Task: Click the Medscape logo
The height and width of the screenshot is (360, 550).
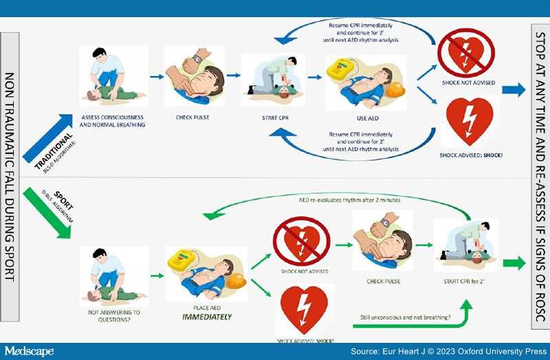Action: coord(28,351)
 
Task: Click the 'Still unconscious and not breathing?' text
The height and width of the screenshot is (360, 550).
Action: coord(406,317)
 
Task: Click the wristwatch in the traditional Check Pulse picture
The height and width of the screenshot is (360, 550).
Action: coord(197,59)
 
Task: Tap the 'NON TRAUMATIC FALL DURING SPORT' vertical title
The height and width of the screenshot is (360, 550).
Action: coord(12,179)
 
